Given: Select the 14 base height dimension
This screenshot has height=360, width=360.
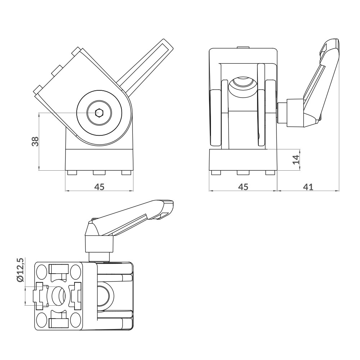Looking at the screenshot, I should [x=296, y=159].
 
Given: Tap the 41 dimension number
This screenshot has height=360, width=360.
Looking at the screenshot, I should [x=308, y=186].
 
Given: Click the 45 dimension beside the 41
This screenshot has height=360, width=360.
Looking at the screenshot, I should [x=243, y=186].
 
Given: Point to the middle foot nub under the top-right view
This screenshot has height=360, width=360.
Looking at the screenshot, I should [x=243, y=173].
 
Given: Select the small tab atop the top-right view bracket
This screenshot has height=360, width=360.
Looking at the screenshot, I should [x=243, y=48].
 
